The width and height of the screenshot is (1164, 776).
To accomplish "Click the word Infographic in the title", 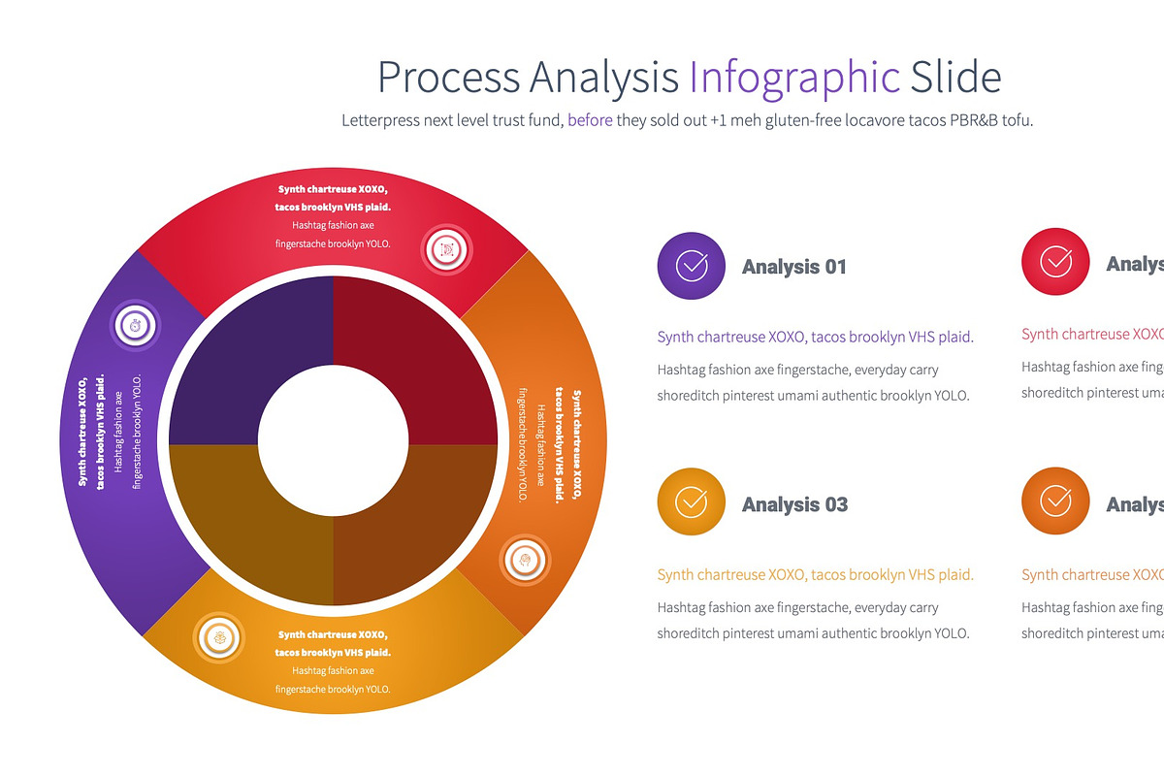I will coord(794,78).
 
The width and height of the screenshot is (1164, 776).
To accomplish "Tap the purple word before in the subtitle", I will coord(590,121).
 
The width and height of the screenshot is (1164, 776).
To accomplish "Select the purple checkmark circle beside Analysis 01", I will coord(691,265).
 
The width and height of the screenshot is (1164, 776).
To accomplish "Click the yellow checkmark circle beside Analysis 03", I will coord(691,501).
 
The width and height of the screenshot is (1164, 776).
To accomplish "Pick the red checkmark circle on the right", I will coord(1055,261).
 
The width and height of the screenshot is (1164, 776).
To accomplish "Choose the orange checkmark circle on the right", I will coord(1055,501).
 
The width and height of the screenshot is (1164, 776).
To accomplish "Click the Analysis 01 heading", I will coord(793,267).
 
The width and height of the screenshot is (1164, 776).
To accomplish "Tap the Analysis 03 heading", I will coord(794,504).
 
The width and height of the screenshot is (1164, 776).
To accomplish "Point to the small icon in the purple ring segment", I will coord(136,325).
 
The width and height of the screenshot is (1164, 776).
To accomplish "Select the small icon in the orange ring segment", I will coord(525,560).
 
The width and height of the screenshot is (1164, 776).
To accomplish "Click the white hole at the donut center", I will coord(333,440).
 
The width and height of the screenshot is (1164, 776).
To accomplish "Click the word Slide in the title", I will coord(954,78).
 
